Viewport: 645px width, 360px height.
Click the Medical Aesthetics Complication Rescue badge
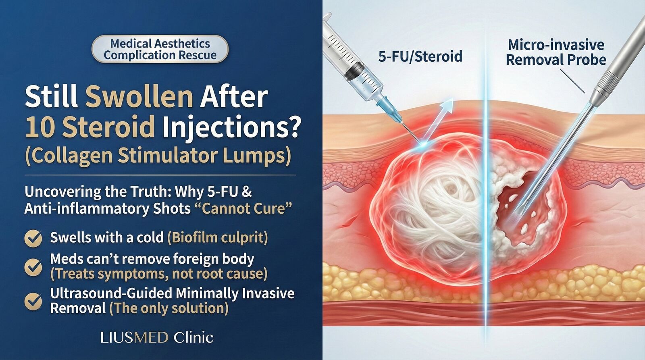(160, 49)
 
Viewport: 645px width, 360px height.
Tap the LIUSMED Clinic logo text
(157, 337)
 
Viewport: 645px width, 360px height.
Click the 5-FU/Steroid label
(420, 56)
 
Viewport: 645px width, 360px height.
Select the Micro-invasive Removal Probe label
(556, 53)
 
